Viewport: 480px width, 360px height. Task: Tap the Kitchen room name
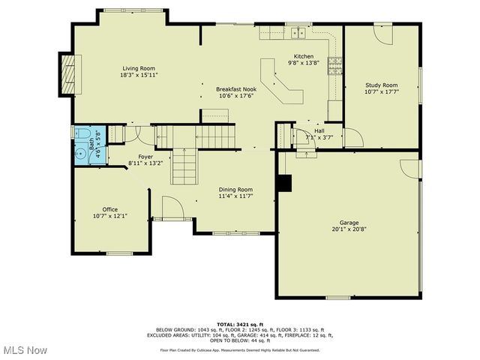pos(304,56)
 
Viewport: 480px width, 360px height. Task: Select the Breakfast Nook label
pos(236,88)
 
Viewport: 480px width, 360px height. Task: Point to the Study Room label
pos(381,85)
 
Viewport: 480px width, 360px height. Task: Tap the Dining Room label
pos(235,190)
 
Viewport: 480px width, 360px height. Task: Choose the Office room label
pos(110,209)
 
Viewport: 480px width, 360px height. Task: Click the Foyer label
pos(145,157)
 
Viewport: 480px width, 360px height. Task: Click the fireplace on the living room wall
pos(68,74)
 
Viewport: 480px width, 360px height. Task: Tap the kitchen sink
pos(298,32)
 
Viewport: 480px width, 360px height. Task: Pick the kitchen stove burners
pos(334,67)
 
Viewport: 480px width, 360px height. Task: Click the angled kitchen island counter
pos(282,82)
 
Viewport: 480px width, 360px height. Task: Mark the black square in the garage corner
pos(283,184)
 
